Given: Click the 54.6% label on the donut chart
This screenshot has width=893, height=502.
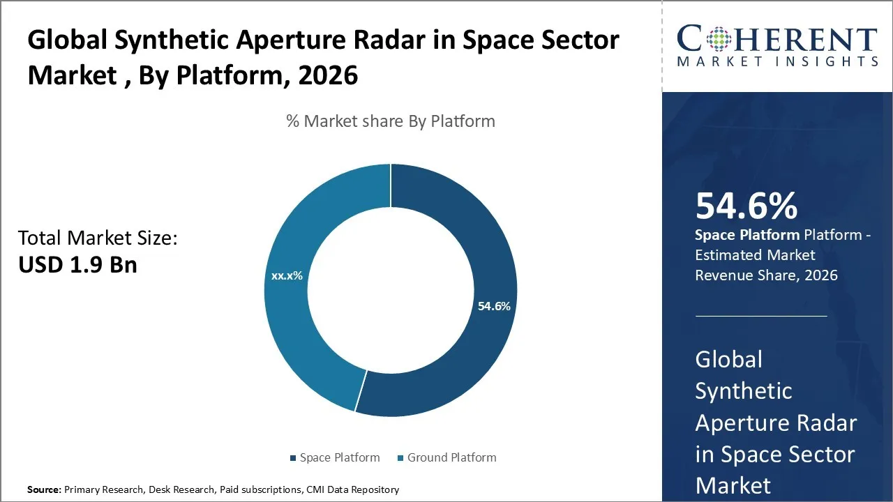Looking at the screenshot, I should (x=494, y=306).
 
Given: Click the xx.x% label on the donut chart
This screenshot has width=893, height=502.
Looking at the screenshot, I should (x=287, y=276).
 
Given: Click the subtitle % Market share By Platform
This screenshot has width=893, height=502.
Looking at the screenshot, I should (x=391, y=121).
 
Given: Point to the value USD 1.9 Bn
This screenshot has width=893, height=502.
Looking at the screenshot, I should (x=77, y=265).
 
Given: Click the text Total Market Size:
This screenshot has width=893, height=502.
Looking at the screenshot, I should (x=98, y=238).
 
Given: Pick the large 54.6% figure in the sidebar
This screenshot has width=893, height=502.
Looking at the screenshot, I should (x=746, y=206).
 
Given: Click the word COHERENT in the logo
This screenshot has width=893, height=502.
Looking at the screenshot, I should (x=777, y=40).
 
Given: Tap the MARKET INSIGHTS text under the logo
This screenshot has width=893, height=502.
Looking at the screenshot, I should (x=777, y=61).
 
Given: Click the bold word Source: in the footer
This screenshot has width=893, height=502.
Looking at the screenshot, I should (x=44, y=489).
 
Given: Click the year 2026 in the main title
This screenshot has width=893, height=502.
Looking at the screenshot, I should (x=328, y=75).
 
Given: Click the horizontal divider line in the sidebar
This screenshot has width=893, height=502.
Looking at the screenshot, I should (x=760, y=316).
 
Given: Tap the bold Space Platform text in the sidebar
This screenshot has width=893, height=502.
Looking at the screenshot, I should (x=747, y=235).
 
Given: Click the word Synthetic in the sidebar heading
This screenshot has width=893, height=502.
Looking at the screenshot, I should (x=743, y=391).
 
